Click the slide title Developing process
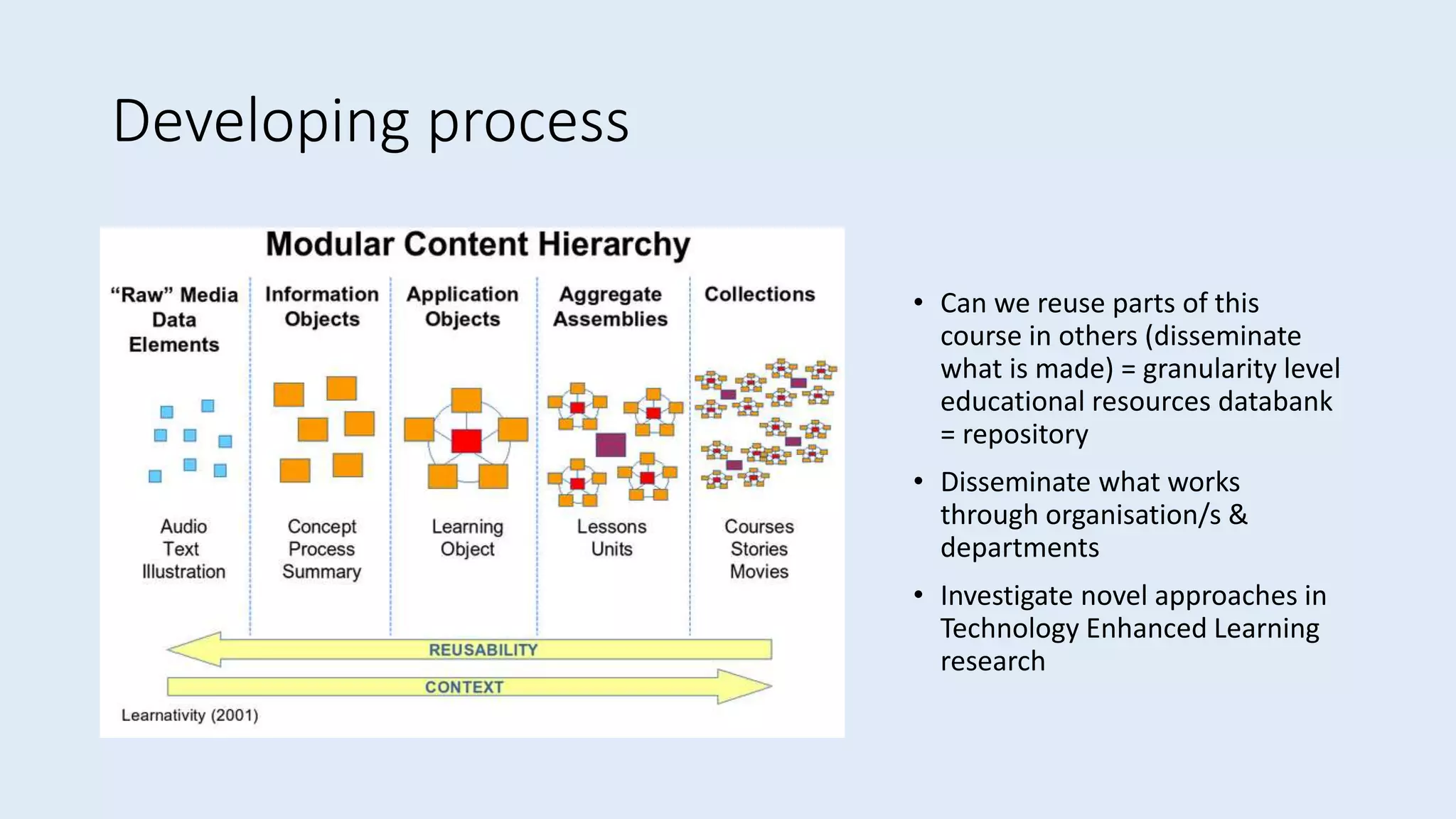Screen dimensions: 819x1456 point(370,122)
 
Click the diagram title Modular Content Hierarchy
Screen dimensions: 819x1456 point(478,245)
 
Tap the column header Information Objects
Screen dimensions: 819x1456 point(322,306)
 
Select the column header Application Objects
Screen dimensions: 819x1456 point(462,306)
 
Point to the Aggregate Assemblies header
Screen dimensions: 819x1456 point(611,306)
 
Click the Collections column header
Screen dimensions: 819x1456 point(759,294)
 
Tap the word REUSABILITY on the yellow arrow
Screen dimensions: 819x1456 point(483,650)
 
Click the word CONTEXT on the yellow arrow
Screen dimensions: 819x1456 point(464,687)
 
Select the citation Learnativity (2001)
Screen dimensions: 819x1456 point(190,715)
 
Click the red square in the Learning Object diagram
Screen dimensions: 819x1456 point(466,441)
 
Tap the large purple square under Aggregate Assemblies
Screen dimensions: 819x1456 point(611,445)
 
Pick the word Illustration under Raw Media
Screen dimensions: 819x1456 point(183,572)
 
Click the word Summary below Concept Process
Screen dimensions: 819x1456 point(321,572)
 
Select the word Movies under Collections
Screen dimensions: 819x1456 point(759,572)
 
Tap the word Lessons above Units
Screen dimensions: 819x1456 point(611,527)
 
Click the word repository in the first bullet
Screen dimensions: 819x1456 point(1025,434)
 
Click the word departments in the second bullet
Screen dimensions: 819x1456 point(1019,548)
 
